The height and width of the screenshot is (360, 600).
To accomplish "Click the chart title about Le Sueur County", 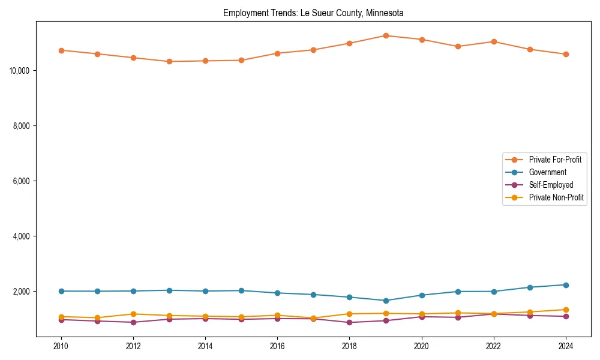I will pyautogui.click(x=313, y=13).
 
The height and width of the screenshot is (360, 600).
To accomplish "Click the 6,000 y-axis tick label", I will pyautogui.click(x=22, y=181).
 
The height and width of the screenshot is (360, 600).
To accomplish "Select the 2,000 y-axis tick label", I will pyautogui.click(x=22, y=292).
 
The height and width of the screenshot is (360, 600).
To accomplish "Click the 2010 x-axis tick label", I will pyautogui.click(x=61, y=346).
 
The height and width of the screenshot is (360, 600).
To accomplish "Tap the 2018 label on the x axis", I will pyautogui.click(x=349, y=346).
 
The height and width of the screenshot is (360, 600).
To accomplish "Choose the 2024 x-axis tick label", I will pyautogui.click(x=565, y=346).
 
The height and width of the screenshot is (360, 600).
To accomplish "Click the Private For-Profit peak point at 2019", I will pyautogui.click(x=386, y=35).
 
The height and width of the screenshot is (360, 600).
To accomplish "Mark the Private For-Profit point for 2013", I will pyautogui.click(x=169, y=61).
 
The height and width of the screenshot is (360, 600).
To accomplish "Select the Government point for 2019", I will pyautogui.click(x=386, y=301).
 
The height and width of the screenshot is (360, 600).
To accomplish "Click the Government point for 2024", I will pyautogui.click(x=566, y=285).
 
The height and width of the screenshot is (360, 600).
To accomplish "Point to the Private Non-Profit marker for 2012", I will pyautogui.click(x=133, y=314).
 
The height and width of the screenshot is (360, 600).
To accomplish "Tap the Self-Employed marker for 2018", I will pyautogui.click(x=349, y=322).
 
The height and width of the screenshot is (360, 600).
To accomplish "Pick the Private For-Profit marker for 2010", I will pyautogui.click(x=61, y=50).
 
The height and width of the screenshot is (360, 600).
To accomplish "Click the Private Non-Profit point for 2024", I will pyautogui.click(x=566, y=310).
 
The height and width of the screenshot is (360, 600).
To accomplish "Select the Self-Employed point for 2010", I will pyautogui.click(x=61, y=320).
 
